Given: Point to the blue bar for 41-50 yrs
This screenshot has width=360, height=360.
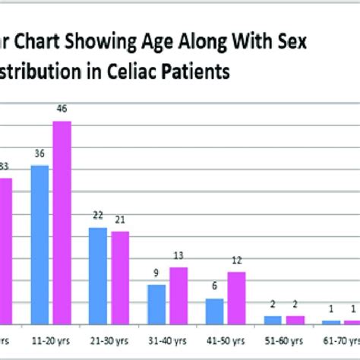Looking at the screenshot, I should [215, 311].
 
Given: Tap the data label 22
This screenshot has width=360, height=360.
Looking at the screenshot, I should [98, 216].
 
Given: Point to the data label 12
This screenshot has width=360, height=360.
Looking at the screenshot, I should [237, 261].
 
